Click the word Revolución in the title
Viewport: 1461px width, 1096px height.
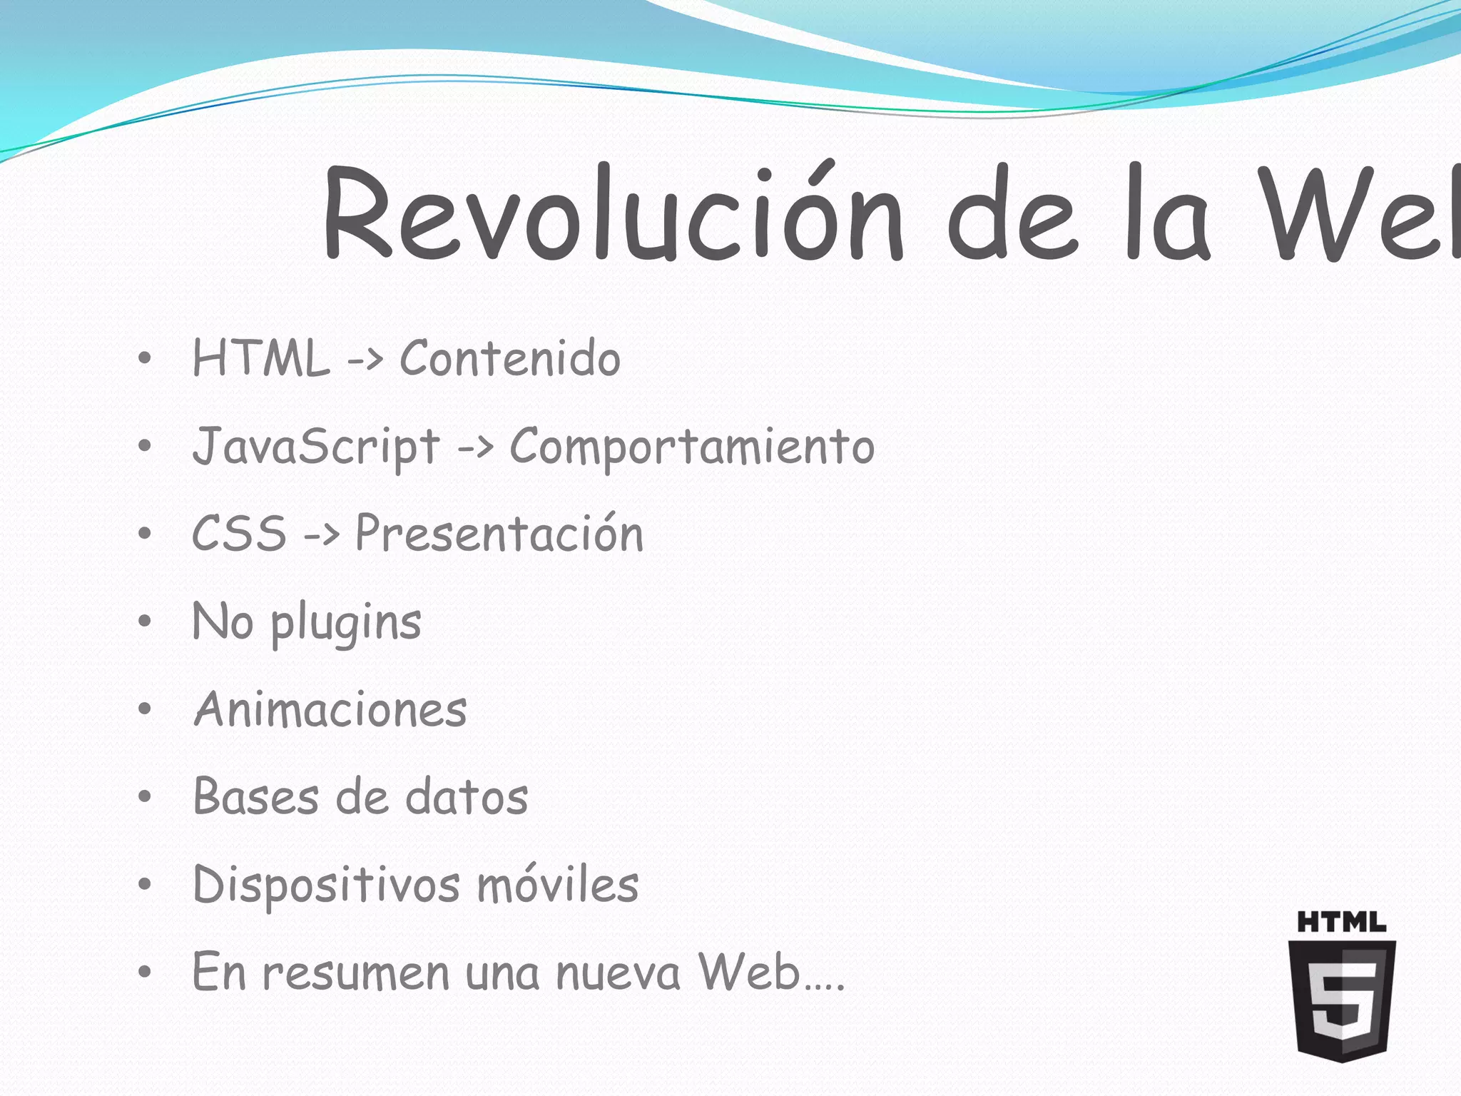pos(614,214)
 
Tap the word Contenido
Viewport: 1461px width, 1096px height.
pos(509,358)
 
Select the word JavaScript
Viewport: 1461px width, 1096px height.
pos(316,447)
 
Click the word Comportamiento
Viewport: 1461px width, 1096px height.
pos(692,447)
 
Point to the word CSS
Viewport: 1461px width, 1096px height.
pos(239,534)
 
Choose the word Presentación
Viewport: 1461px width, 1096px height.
pos(499,534)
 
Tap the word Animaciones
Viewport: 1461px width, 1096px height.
pos(330,710)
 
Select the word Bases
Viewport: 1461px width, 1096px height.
pos(255,797)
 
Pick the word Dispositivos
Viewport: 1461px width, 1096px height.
pos(326,886)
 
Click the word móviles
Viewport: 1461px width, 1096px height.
pos(557,886)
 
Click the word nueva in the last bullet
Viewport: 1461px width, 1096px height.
pos(618,973)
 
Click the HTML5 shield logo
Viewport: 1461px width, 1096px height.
pos(1342,999)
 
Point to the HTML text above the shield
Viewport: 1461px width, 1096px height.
pos(1341,922)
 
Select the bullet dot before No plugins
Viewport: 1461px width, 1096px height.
pos(145,621)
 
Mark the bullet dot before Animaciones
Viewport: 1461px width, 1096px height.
pos(145,709)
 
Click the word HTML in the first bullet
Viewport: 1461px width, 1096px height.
pos(261,358)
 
